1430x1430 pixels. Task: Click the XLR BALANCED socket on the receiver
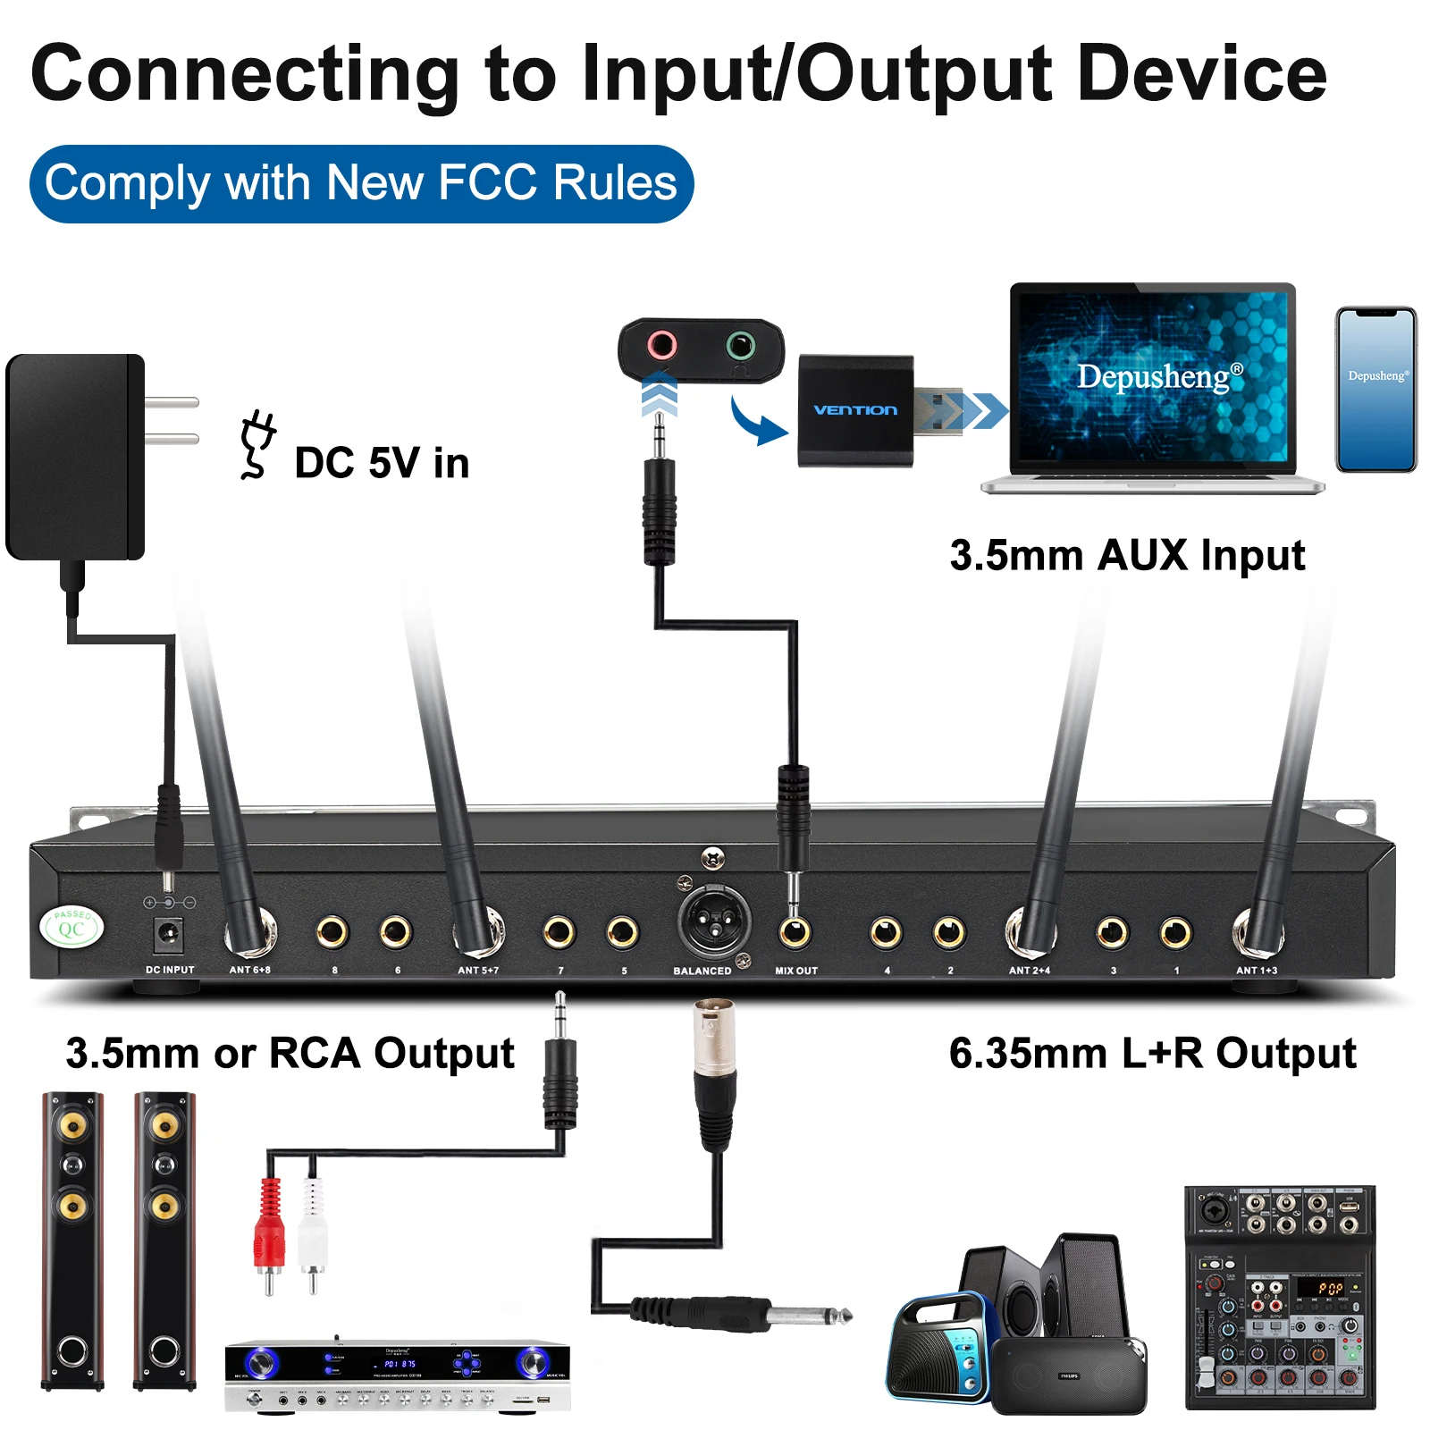713,923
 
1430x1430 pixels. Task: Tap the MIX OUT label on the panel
795,971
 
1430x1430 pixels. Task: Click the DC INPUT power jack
168,936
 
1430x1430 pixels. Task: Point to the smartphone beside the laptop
1375,390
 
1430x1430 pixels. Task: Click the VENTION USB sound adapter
855,410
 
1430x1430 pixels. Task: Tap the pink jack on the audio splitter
662,344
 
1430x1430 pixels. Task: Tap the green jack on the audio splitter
740,344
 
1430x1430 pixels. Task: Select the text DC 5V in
382,463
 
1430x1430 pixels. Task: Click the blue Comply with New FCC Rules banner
361,183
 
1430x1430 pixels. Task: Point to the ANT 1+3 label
1256,971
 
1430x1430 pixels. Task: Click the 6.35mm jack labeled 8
332,932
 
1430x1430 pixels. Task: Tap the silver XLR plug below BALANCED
713,1041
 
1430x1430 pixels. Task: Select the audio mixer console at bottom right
1279,1298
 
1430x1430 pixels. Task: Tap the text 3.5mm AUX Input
1126,555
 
